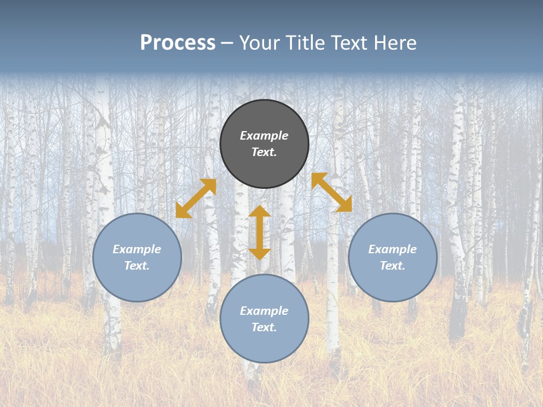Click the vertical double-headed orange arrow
[x=260, y=232]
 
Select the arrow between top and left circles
[x=196, y=198]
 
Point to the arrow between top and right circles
[x=331, y=192]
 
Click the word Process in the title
[x=178, y=42]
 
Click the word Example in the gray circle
[x=264, y=136]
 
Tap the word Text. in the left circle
[x=137, y=266]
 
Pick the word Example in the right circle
[x=393, y=249]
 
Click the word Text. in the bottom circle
[x=264, y=327]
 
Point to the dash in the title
[x=227, y=44]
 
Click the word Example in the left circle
[x=137, y=249]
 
